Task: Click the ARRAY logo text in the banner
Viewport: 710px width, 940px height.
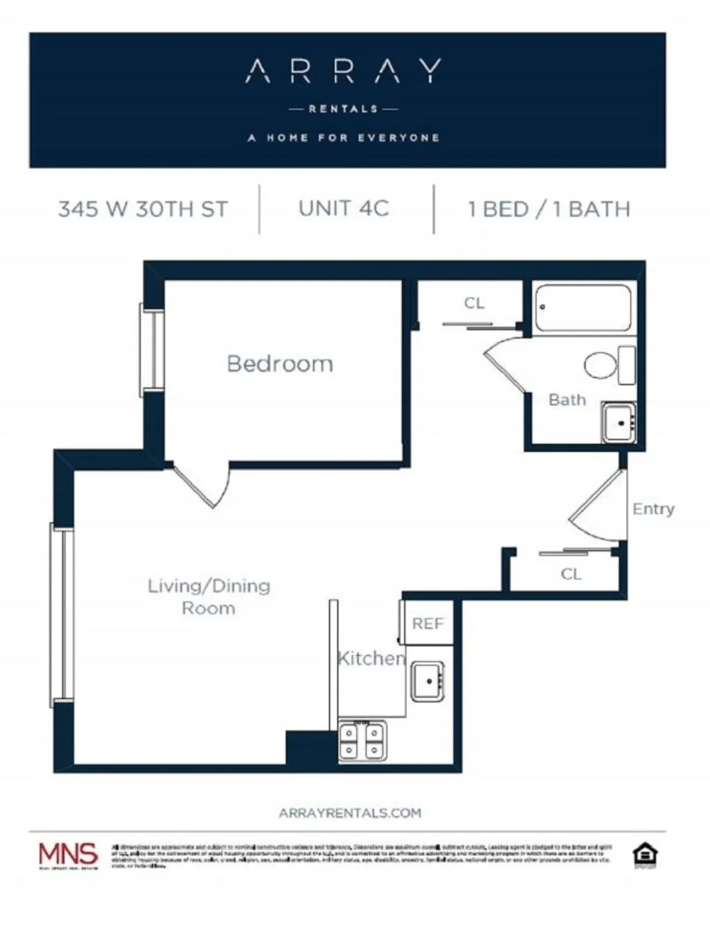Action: pyautogui.click(x=343, y=71)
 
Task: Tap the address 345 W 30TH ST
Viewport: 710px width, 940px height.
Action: pyautogui.click(x=143, y=209)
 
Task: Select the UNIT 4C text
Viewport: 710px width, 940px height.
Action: pyautogui.click(x=344, y=209)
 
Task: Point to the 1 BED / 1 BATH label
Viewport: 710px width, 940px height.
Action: pyautogui.click(x=549, y=209)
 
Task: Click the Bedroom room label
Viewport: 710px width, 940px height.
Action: pyautogui.click(x=280, y=364)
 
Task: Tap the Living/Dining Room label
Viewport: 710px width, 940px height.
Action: pyautogui.click(x=209, y=596)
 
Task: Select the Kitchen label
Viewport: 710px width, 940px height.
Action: pyautogui.click(x=371, y=658)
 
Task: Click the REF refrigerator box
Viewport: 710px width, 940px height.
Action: pyautogui.click(x=427, y=623)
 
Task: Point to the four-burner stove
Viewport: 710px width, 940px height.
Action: pyautogui.click(x=363, y=741)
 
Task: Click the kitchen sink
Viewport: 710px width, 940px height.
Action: pyautogui.click(x=427, y=682)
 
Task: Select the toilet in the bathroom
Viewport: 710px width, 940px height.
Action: pyautogui.click(x=608, y=365)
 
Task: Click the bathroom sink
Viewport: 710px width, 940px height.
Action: pyautogui.click(x=618, y=422)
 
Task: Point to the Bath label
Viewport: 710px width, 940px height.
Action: pyautogui.click(x=567, y=400)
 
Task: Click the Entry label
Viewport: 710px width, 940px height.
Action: pyautogui.click(x=653, y=509)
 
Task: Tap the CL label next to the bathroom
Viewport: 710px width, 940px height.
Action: pyautogui.click(x=474, y=303)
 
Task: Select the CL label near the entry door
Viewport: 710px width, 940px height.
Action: pyautogui.click(x=571, y=574)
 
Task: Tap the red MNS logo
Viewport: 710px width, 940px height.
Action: pyautogui.click(x=68, y=855)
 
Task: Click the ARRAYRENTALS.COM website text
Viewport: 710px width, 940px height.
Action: pyautogui.click(x=349, y=813)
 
